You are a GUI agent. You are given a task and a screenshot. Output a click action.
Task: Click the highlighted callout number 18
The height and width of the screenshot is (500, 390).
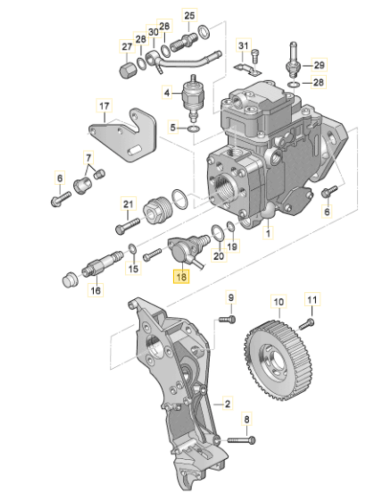[181, 277]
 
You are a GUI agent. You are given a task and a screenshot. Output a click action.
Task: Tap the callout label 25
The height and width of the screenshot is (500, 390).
[189, 15]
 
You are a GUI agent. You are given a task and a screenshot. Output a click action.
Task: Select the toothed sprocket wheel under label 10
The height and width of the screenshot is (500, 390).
[275, 360]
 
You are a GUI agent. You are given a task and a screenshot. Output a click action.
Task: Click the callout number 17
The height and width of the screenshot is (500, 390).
[105, 106]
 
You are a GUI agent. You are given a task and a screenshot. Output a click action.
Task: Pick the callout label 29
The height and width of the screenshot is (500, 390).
[319, 65]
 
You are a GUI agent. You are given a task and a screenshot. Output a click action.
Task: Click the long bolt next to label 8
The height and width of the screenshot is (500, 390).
[241, 440]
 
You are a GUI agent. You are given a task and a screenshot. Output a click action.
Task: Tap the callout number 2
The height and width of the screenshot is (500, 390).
[227, 403]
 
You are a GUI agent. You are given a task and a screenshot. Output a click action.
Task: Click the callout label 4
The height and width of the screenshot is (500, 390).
[167, 93]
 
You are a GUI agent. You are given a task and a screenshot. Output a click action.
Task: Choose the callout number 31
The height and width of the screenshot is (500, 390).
[243, 46]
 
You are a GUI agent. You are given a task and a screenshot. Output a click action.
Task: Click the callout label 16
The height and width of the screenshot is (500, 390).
[95, 290]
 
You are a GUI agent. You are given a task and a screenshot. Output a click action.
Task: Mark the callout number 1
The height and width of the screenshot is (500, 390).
[268, 233]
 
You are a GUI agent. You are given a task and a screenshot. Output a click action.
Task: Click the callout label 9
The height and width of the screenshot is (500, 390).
[231, 298]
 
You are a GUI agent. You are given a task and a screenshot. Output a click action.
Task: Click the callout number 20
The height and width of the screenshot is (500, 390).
[219, 255]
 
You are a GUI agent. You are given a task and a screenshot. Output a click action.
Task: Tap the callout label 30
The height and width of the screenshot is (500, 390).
[154, 32]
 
